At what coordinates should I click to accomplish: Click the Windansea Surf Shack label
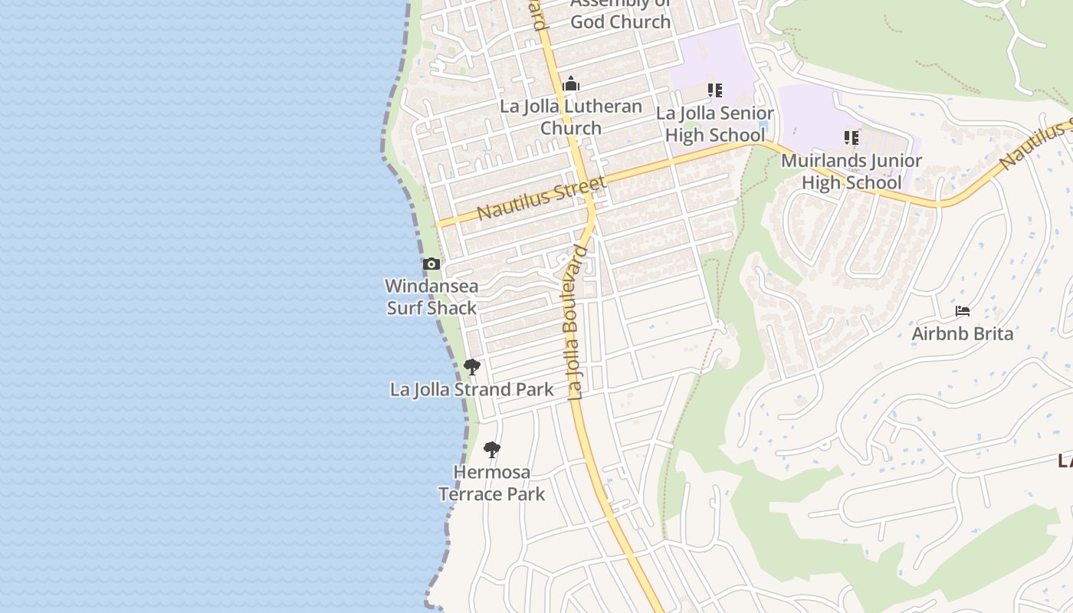(431, 297)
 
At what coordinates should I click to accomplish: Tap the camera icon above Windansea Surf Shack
(431, 264)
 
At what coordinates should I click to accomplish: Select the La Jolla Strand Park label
(471, 389)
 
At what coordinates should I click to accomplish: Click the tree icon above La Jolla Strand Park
(472, 367)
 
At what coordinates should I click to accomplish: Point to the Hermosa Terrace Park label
(491, 483)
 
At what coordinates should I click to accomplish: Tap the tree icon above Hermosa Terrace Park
(492, 450)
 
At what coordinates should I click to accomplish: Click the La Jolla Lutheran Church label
(571, 117)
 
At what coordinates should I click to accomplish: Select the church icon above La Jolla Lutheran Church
(571, 84)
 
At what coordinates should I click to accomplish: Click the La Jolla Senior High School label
(714, 124)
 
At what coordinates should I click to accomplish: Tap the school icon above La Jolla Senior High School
(714, 90)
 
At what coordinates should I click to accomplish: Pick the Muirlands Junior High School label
(851, 172)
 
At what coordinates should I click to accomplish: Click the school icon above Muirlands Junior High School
(851, 138)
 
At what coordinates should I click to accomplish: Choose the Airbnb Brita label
(962, 333)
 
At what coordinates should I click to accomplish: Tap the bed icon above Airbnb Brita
(963, 311)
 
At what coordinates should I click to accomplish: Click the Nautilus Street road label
(541, 198)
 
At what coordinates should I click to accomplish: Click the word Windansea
(431, 286)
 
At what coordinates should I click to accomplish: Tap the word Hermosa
(491, 471)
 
